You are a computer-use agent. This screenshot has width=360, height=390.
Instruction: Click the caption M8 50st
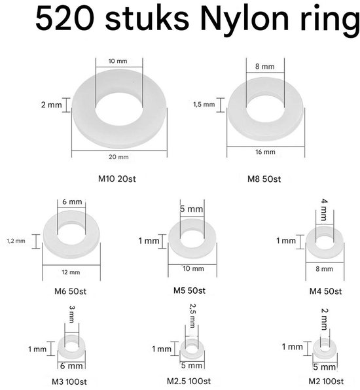pos(264,178)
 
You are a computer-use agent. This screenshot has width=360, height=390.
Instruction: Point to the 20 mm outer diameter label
pos(119,158)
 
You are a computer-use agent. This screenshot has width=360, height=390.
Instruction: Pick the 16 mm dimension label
pos(265,152)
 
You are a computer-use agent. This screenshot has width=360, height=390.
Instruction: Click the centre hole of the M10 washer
pos(119,104)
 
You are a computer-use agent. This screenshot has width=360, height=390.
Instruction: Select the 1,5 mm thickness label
pos(203,104)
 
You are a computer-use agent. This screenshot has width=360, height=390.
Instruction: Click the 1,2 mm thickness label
pos(16,240)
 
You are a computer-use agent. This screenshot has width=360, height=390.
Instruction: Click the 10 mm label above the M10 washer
pos(118,61)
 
